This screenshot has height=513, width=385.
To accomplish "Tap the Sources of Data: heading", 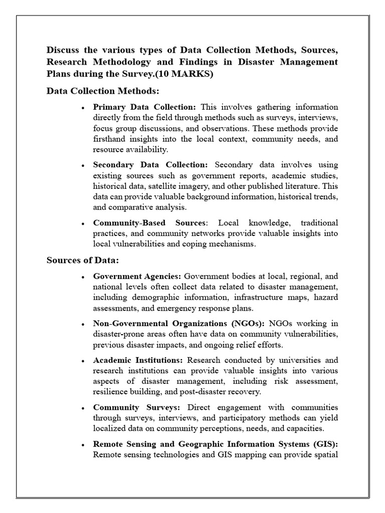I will pyautogui.click(x=82, y=260).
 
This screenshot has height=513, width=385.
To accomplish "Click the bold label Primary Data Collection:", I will pyautogui.click(x=145, y=107).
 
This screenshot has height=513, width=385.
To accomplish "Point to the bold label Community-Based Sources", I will pyautogui.click(x=149, y=222).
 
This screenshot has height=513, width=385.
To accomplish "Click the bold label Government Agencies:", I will pyautogui.click(x=137, y=276).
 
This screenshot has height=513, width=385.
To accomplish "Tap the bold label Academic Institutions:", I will pyautogui.click(x=139, y=360).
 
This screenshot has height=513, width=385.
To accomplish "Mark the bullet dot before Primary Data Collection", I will pyautogui.click(x=83, y=108).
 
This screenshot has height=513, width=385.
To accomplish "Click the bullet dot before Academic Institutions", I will pyautogui.click(x=83, y=361).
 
